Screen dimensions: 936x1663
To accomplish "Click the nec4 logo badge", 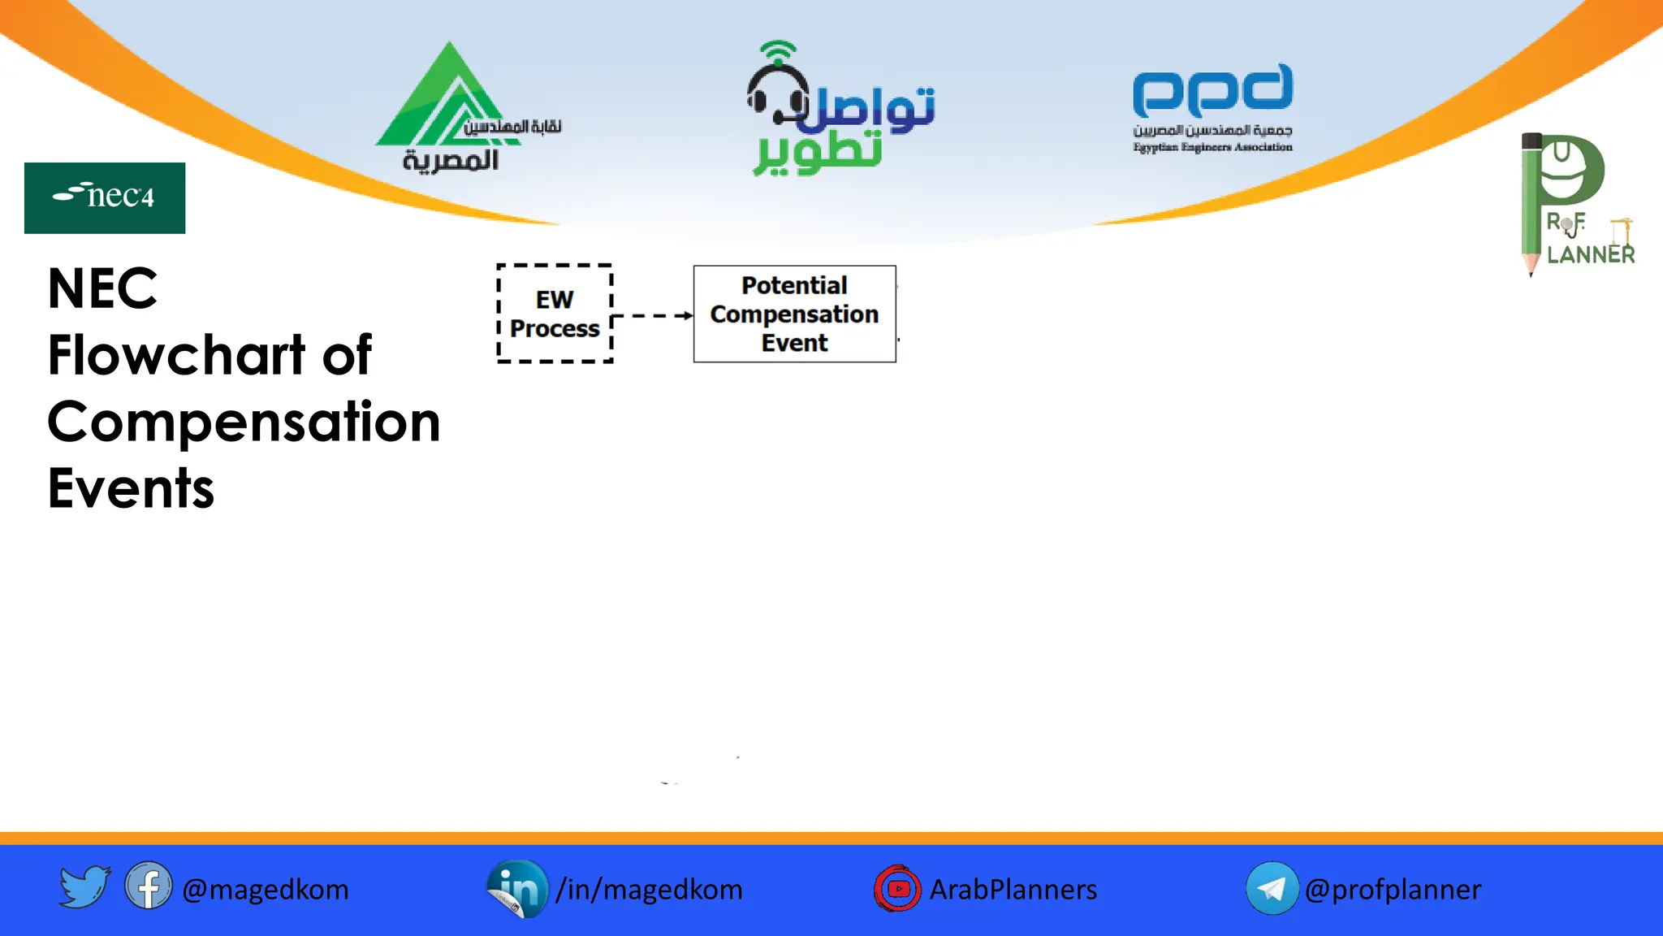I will coord(105,197).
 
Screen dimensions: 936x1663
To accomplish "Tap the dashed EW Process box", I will coord(555,314).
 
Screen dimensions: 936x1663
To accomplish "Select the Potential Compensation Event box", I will coord(794,314).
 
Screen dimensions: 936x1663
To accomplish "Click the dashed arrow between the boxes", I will coord(652,315).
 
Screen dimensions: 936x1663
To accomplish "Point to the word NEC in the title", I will coord(102,288).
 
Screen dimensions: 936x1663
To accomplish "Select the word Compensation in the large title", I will coord(244,422).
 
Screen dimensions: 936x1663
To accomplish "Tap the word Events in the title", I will coord(131,489).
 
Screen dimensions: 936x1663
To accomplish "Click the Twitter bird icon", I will coord(84,886).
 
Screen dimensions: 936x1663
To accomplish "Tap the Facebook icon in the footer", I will coord(149,886).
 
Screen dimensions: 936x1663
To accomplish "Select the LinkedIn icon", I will coord(517,888).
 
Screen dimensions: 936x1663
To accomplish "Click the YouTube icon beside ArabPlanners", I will coord(897,888).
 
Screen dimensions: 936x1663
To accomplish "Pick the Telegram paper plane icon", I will coord(1272,888).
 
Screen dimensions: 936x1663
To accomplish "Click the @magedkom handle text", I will coord(266,890).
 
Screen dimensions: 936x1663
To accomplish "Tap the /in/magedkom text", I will coord(649,890).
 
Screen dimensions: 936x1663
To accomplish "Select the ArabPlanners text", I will coord(1013,890).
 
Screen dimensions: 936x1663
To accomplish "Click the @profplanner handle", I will coord(1393,890).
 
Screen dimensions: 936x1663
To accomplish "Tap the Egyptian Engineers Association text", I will coord(1212,147).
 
